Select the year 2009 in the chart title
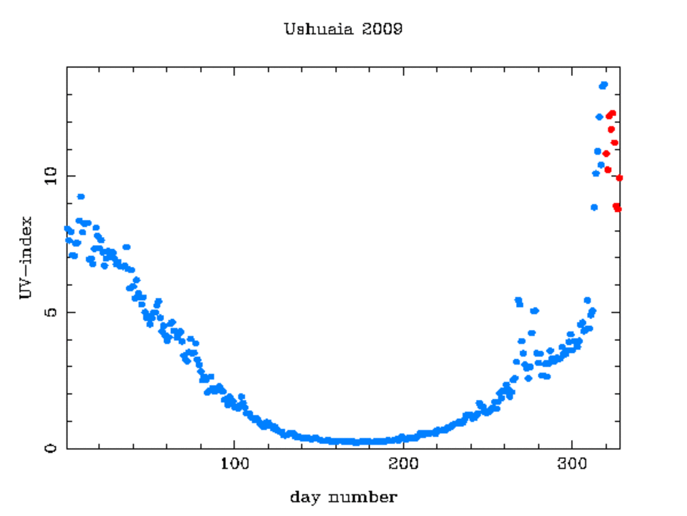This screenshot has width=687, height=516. pos(382,30)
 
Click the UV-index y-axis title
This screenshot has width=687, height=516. pos(26,258)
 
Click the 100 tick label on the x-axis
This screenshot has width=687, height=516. pos(235,466)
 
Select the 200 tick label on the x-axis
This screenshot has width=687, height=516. pos(404,466)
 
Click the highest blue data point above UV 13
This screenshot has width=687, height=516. pos(603,85)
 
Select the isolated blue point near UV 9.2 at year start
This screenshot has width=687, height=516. pos(81,196)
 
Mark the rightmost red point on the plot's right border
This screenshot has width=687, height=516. pos(619,178)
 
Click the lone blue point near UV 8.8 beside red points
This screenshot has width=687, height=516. pos(594,207)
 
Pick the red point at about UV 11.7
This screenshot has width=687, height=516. pos(611,130)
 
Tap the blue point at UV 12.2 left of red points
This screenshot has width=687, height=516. pos(600,117)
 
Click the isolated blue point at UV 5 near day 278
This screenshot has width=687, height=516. pos(534,310)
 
